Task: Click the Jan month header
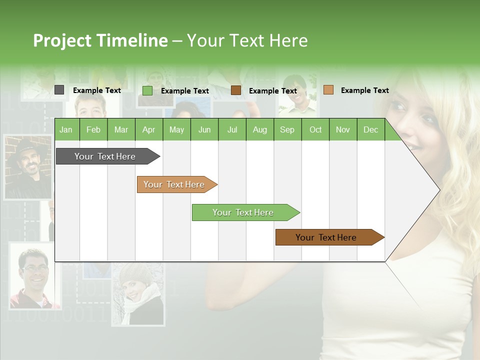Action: tap(66, 129)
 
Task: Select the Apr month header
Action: tap(148, 129)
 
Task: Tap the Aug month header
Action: tap(259, 129)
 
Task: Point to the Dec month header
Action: tap(370, 129)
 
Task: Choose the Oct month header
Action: tap(315, 129)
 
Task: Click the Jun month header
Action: tap(204, 129)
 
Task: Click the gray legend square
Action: tap(59, 90)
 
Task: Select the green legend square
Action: tap(147, 90)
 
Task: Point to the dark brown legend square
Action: tap(236, 90)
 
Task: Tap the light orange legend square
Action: tap(328, 90)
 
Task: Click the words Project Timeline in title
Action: tap(100, 40)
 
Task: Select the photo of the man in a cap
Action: tap(27, 167)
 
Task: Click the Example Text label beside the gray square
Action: tap(97, 90)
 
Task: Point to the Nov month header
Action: tap(342, 129)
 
